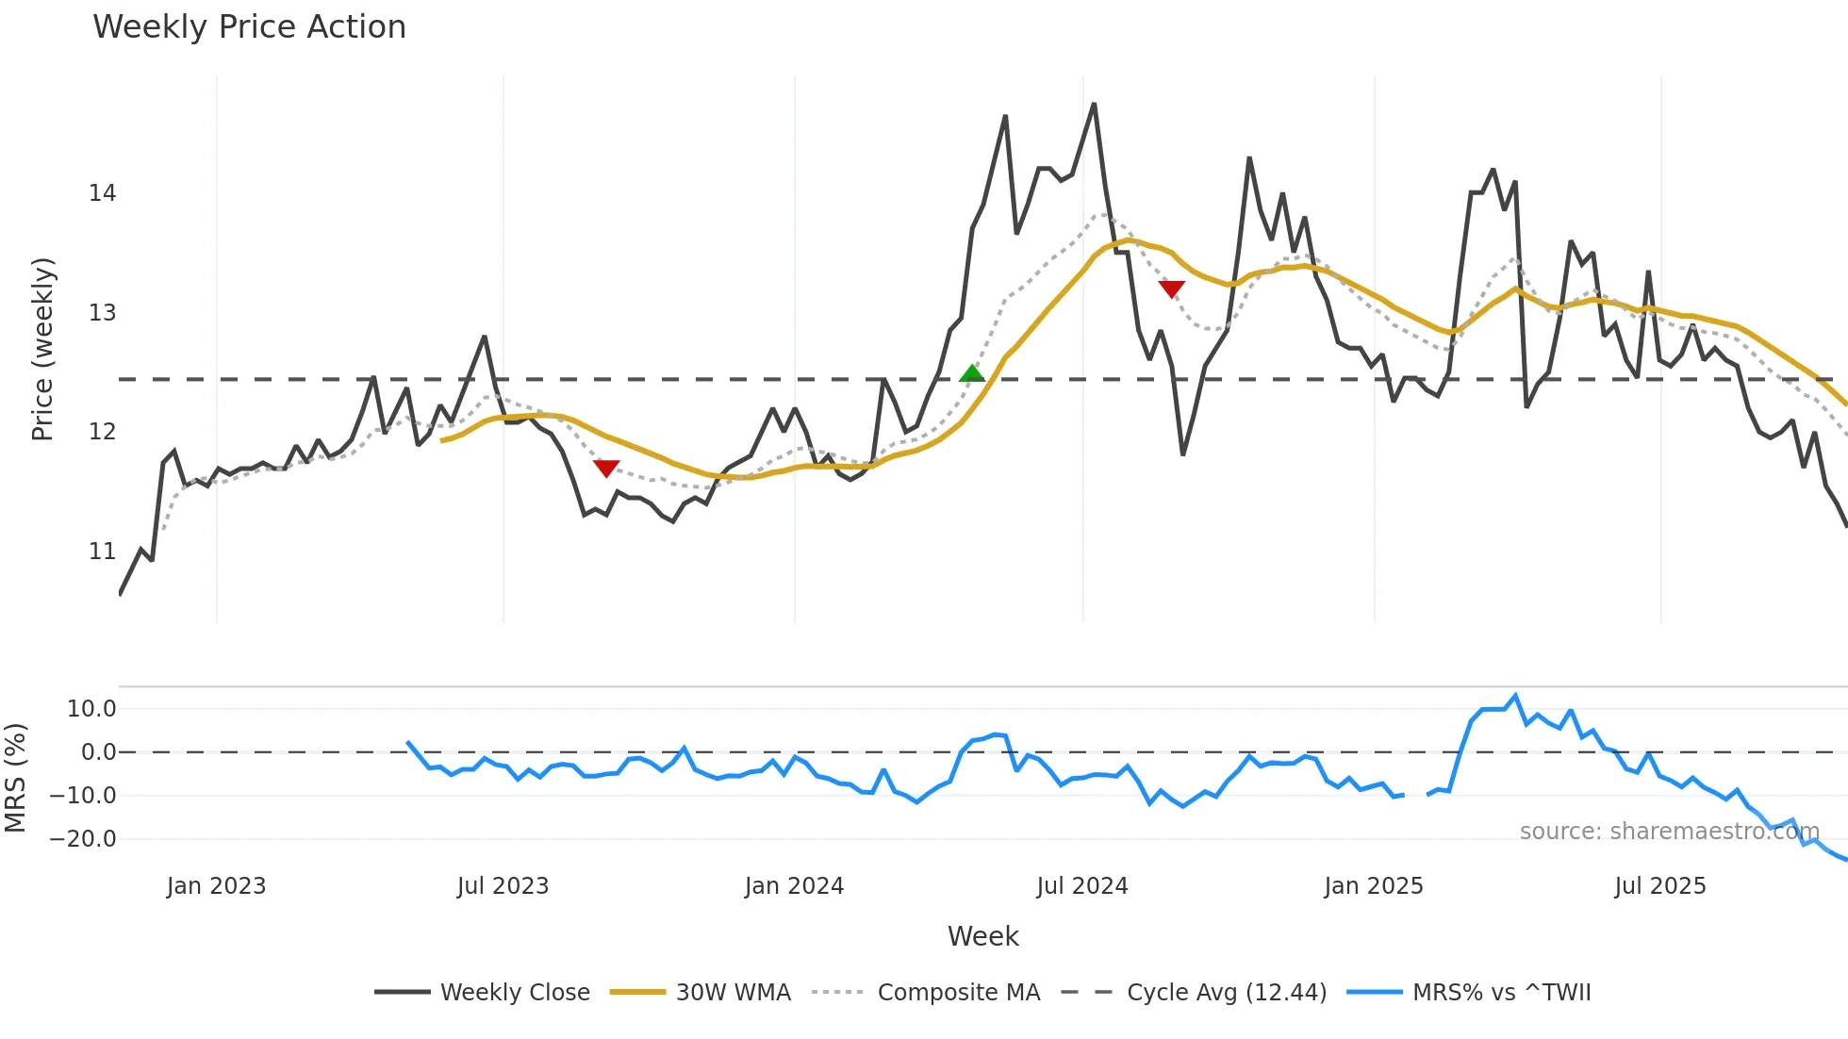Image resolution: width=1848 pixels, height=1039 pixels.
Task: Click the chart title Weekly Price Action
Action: pos(249,27)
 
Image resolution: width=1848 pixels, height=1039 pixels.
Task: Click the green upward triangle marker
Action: pos(972,373)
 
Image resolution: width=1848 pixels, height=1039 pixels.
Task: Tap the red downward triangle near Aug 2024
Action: pos(1171,289)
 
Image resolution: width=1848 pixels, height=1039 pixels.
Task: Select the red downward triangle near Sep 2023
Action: pos(606,468)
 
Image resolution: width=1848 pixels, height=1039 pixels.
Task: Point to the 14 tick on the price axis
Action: pos(102,193)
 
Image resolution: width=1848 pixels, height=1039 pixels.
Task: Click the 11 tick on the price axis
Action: pos(102,552)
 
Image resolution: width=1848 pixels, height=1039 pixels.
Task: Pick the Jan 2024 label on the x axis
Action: pos(794,886)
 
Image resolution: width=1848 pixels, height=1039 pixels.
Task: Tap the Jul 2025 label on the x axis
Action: pos(1659,886)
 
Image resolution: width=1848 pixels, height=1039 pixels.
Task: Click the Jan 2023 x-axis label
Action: pos(216,886)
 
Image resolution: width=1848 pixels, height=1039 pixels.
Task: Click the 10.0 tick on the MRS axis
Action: pos(91,709)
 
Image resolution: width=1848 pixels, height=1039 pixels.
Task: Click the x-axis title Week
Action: pos(982,936)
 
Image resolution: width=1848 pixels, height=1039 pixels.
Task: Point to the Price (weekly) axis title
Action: pos(42,349)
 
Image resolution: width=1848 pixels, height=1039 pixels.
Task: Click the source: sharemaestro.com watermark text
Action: pos(1669,832)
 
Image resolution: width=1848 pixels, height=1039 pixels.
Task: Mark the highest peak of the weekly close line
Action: pos(1094,104)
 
